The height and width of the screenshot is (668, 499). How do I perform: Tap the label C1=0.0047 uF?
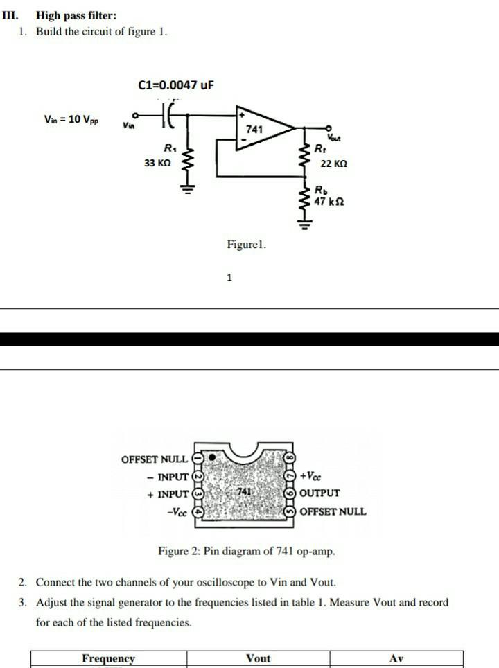(x=176, y=85)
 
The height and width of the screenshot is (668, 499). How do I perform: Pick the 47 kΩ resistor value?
(x=329, y=202)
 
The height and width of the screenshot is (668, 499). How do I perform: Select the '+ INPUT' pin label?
(x=168, y=494)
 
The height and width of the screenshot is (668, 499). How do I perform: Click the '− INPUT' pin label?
(x=168, y=477)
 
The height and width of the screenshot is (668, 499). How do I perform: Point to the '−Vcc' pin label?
(x=177, y=511)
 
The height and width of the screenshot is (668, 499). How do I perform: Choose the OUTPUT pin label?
(x=319, y=493)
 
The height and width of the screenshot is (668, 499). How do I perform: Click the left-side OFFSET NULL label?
(x=154, y=459)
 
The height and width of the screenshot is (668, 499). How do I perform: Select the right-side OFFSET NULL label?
(x=333, y=511)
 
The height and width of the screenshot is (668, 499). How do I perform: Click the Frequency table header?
(x=108, y=659)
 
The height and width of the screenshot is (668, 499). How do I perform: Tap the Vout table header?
(x=258, y=659)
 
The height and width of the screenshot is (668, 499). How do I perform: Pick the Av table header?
(x=396, y=659)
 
